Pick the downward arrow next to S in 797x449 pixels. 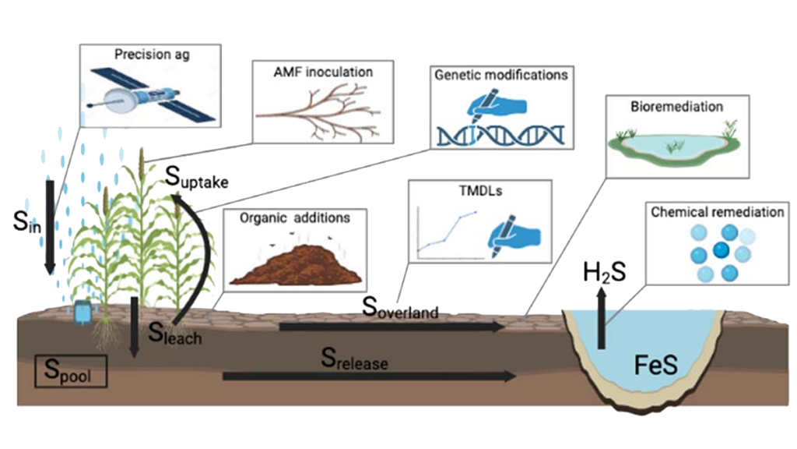click(x=49, y=227)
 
